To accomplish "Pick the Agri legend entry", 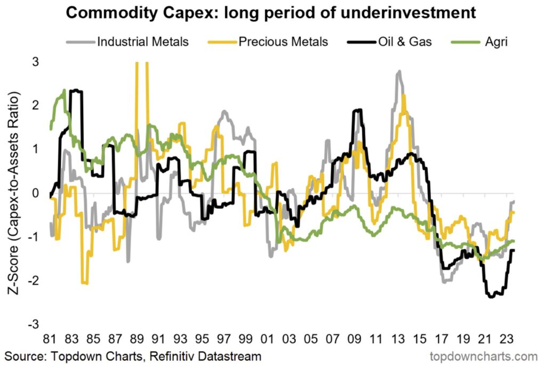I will [491, 41].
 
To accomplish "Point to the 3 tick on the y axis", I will [35, 61].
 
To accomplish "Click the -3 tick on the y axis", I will [33, 324].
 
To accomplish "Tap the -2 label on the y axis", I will [33, 281].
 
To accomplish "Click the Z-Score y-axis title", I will [13, 192].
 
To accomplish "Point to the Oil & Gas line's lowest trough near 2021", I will [491, 296].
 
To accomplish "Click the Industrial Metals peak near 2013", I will [398, 72].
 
